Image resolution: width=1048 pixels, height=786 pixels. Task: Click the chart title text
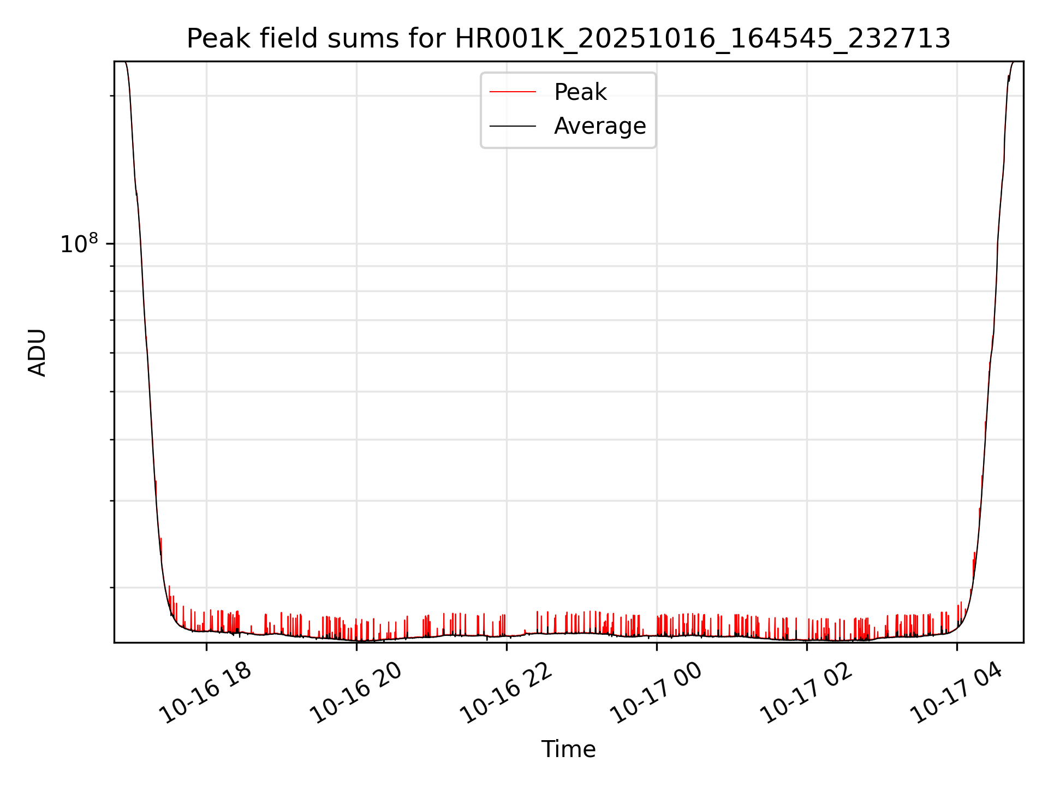pyautogui.click(x=568, y=39)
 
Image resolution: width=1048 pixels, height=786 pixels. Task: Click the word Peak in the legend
pyautogui.click(x=580, y=92)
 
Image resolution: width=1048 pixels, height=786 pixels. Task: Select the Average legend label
pyautogui.click(x=599, y=126)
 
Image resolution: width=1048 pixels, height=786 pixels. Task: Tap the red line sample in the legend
pyautogui.click(x=513, y=92)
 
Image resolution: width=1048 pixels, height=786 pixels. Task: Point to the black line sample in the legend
pyautogui.click(x=513, y=126)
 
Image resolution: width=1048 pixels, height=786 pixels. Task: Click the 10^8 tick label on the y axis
pyautogui.click(x=79, y=244)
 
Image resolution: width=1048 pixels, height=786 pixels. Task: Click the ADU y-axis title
pyautogui.click(x=37, y=352)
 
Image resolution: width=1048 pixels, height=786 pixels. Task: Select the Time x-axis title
pyautogui.click(x=568, y=749)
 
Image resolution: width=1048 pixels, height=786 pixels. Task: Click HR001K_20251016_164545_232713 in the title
pyautogui.click(x=702, y=39)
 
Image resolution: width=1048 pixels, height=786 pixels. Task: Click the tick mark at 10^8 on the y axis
pyautogui.click(x=111, y=244)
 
